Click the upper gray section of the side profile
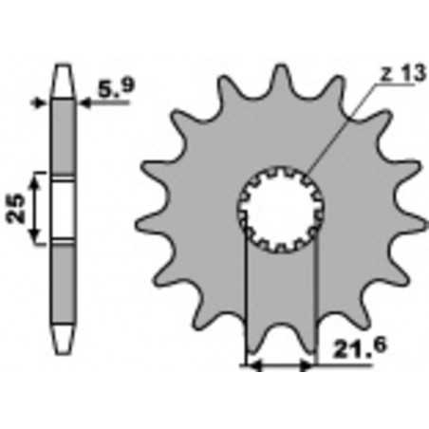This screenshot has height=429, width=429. [x=64, y=133]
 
